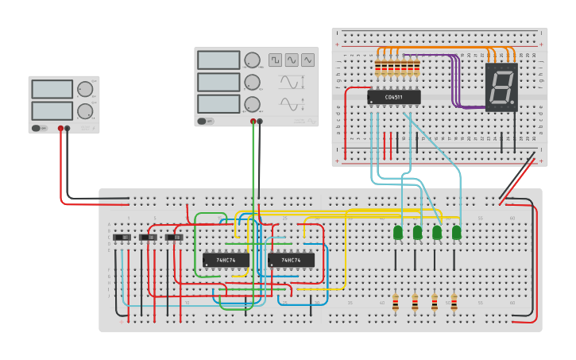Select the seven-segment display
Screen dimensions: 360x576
(x=501, y=87)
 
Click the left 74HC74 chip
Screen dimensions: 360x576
(x=226, y=260)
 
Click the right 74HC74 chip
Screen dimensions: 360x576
(x=291, y=260)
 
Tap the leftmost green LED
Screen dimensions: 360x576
(x=398, y=232)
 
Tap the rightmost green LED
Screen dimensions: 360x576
(x=456, y=232)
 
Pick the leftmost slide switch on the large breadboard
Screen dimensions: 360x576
(x=122, y=237)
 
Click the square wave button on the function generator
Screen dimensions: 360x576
(x=275, y=60)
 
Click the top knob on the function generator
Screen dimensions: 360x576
(x=252, y=60)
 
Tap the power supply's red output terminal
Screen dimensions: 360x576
(x=60, y=128)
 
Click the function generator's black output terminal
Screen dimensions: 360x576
(x=260, y=122)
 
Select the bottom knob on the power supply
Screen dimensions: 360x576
(x=84, y=110)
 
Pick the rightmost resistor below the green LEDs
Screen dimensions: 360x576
(x=454, y=303)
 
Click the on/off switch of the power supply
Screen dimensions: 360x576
(x=37, y=128)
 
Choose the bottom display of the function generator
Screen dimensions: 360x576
(x=218, y=104)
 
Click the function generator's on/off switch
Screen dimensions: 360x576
(x=203, y=122)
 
